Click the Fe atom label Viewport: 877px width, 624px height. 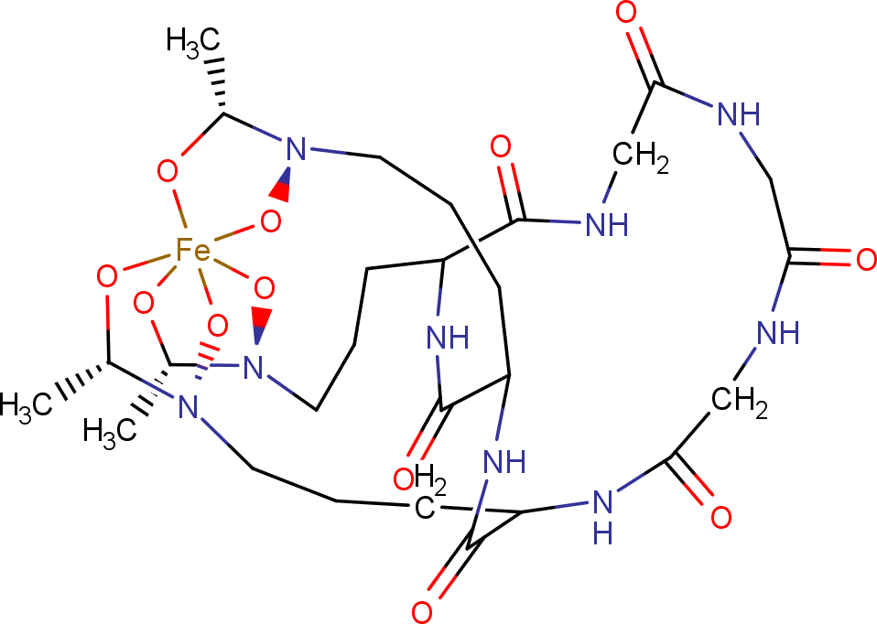point(193,250)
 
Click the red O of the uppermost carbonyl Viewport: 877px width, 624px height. point(627,14)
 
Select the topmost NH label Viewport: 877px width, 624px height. point(739,114)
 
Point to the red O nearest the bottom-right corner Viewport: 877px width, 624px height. point(721,517)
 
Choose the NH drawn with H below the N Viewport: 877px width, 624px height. point(601,512)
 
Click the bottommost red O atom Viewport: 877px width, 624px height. point(422,611)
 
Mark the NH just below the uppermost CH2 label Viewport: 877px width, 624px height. point(606,222)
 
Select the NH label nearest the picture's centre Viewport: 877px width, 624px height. point(449,339)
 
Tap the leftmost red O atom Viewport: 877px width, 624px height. point(106,274)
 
